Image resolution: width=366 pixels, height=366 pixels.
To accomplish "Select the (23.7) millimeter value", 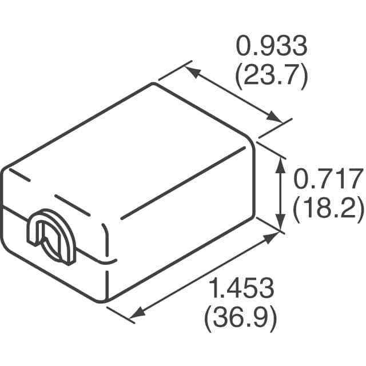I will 272,75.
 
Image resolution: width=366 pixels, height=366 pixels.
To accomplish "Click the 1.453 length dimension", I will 241,287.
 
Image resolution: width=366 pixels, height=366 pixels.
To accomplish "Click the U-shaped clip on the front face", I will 50,238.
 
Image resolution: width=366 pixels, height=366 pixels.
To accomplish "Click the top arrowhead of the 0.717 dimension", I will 280,163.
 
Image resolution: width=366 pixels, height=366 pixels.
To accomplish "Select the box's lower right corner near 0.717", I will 253,217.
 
